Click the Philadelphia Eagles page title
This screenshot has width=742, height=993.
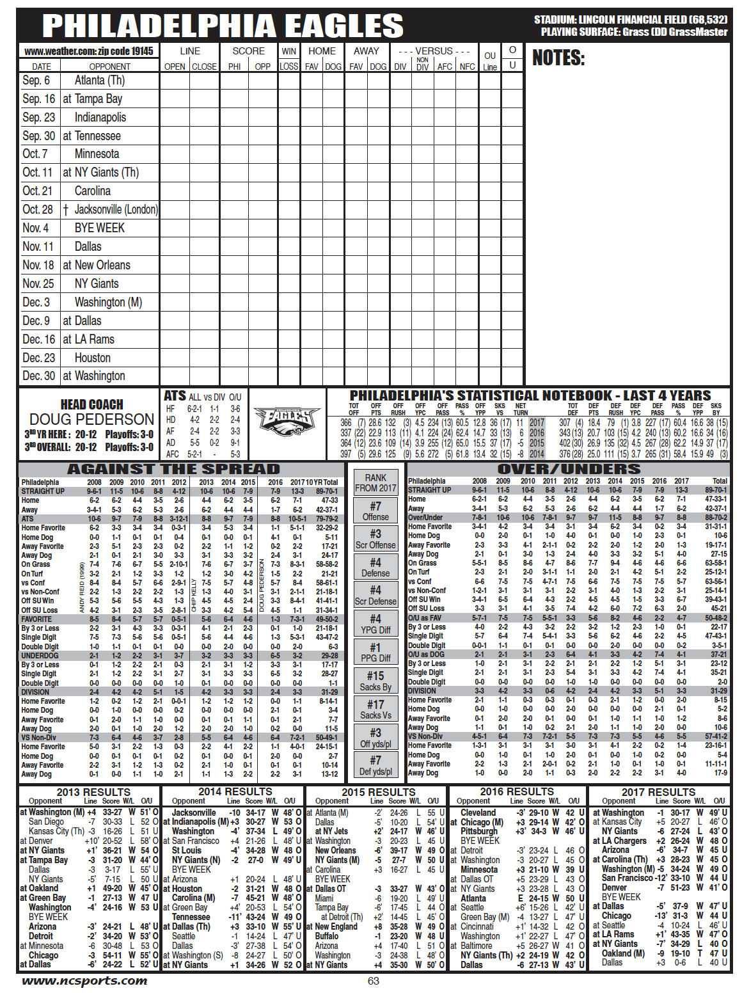tap(223, 26)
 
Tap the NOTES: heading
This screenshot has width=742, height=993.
tap(558, 58)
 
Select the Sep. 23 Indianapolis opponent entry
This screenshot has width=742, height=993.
tap(100, 117)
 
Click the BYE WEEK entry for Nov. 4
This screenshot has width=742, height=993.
tap(99, 228)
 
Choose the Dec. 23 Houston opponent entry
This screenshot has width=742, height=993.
tap(92, 358)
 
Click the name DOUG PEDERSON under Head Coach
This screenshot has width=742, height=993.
tap(91, 419)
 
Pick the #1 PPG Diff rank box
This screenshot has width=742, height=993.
tap(375, 652)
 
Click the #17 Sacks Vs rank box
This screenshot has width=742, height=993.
tap(375, 710)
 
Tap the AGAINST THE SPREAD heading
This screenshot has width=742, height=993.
tap(173, 469)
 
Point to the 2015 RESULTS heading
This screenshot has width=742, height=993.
tap(378, 792)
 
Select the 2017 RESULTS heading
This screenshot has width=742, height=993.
tap(658, 792)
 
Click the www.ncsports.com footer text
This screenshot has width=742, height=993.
tap(84, 981)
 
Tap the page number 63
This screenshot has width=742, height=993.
tap(374, 981)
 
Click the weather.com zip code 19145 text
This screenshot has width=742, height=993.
tap(89, 51)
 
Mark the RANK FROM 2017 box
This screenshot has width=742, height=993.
tap(375, 482)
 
